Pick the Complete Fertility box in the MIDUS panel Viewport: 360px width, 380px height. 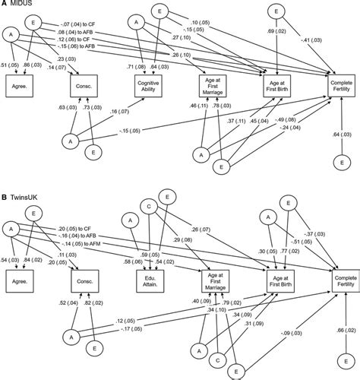pos(340,85)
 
